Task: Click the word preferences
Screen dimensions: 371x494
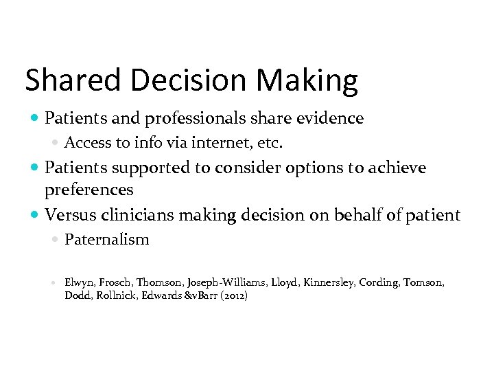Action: tap(88, 189)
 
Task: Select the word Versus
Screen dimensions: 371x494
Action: tap(69, 214)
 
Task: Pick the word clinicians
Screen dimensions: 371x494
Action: tap(135, 214)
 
